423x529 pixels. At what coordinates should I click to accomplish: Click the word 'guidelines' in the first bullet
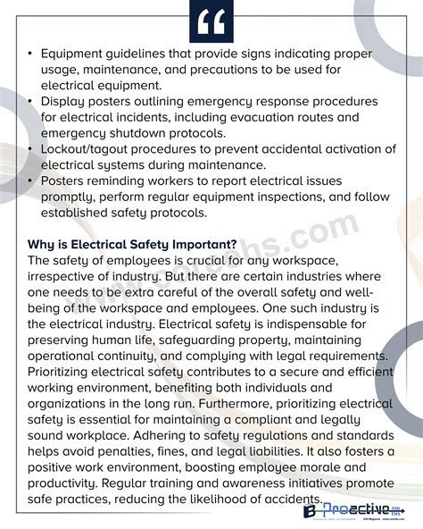[x=141, y=55]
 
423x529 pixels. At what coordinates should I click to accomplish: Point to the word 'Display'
[x=63, y=101]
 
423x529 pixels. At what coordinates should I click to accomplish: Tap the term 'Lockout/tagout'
[x=89, y=149]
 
